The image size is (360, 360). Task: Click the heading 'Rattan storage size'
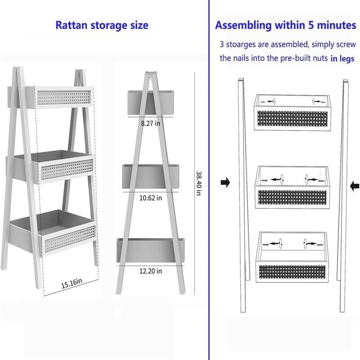point(101,25)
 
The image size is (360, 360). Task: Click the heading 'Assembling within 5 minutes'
point(285,25)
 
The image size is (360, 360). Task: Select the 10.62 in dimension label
point(150,198)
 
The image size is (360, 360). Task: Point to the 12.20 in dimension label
point(150,271)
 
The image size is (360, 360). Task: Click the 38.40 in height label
point(198,182)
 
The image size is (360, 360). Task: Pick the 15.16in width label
point(72,283)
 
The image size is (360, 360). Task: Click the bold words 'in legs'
point(342,58)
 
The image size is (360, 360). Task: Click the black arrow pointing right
point(225,183)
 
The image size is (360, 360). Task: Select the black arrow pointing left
point(355,184)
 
